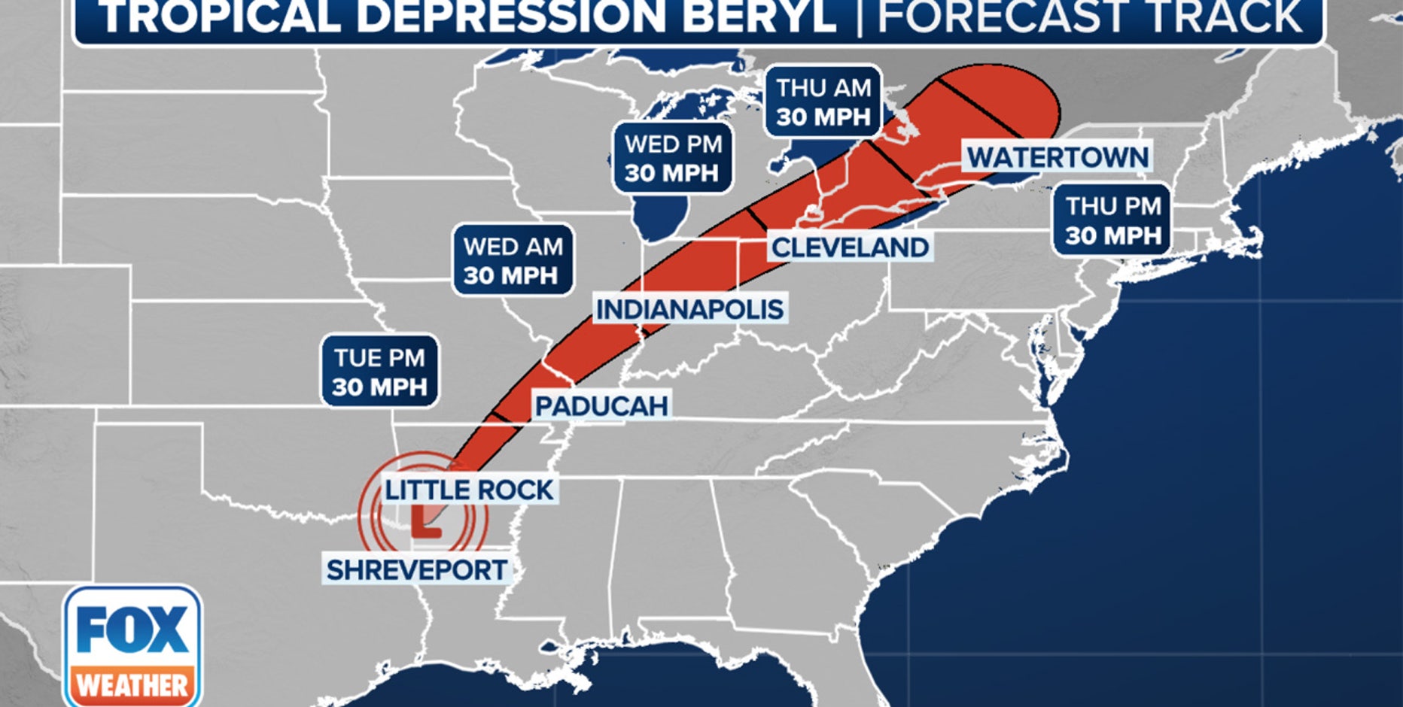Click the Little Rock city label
pyautogui.click(x=469, y=490)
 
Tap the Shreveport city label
pyautogui.click(x=416, y=570)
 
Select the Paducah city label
pyautogui.click(x=601, y=406)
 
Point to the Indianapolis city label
pyautogui.click(x=689, y=309)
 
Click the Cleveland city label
pyautogui.click(x=850, y=247)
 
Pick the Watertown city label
pyautogui.click(x=1058, y=158)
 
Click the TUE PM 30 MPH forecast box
pyautogui.click(x=379, y=372)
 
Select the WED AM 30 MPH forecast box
pyautogui.click(x=513, y=260)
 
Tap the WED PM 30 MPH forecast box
pyautogui.click(x=672, y=158)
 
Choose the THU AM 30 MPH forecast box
pyautogui.click(x=823, y=102)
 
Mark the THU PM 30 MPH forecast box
pyautogui.click(x=1112, y=220)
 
